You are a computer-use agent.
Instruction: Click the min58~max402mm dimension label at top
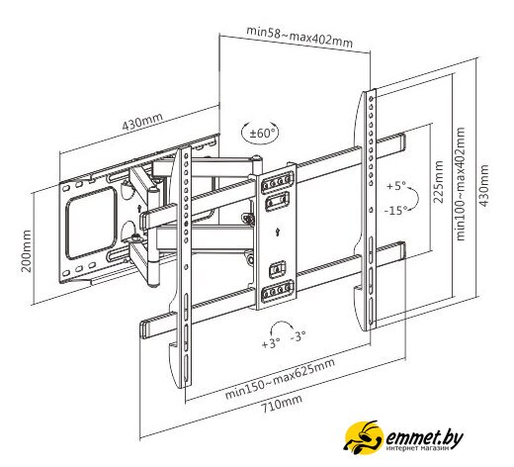point(300,37)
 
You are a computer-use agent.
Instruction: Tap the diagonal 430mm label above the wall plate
point(142,122)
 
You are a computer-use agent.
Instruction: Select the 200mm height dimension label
point(27,251)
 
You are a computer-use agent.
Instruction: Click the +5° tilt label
point(396,186)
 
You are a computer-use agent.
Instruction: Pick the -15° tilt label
point(395,210)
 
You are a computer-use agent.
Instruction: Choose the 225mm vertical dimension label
point(438,182)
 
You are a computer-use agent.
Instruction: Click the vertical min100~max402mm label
point(460,184)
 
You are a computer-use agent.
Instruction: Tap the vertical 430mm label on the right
point(483,185)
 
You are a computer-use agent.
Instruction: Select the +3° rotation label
point(271,343)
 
